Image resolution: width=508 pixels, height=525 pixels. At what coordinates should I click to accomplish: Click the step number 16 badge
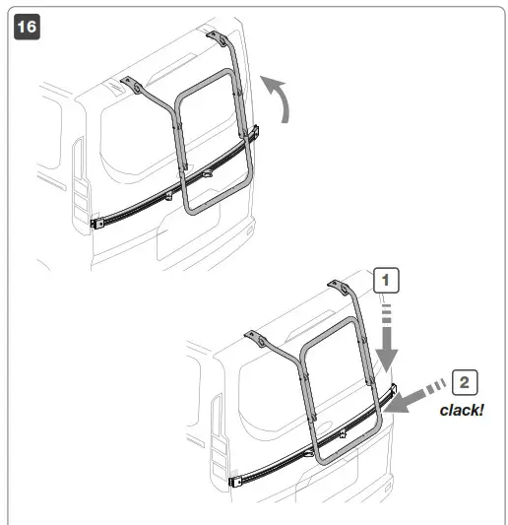point(27,27)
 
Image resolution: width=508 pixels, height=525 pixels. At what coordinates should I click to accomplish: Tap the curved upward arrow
point(283,98)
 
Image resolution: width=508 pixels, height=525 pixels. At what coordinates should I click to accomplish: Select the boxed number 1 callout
point(386,281)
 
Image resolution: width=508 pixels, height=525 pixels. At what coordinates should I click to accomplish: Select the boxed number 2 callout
point(465,382)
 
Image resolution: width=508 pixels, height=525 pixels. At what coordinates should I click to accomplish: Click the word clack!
point(462,410)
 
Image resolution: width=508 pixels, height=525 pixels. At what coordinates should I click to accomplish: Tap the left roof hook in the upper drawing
point(132,85)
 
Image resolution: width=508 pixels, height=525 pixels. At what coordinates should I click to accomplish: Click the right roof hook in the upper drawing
point(217,37)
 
